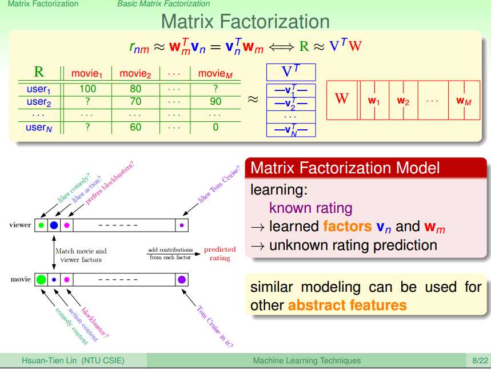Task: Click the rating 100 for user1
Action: coord(87,89)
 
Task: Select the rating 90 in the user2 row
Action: coord(215,101)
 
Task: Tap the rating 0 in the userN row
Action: coord(215,127)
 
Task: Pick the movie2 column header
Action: coord(135,74)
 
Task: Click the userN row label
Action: coord(39,127)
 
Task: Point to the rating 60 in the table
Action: coord(135,127)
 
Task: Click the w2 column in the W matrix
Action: coord(403,101)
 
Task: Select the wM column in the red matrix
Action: coord(464,101)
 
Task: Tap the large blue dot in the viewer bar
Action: coord(54,225)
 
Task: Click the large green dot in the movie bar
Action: coord(41,279)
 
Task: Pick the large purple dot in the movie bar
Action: coord(182,279)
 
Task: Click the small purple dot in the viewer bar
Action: coord(182,225)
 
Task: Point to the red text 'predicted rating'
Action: coord(220,253)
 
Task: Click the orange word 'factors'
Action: coord(348,226)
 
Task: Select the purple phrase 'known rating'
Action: coord(310,208)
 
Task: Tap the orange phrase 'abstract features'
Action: coord(348,305)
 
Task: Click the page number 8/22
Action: coord(480,360)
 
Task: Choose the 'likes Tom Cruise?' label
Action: coord(219,184)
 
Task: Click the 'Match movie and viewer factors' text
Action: coord(81,255)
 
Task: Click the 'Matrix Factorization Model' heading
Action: coord(345,168)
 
